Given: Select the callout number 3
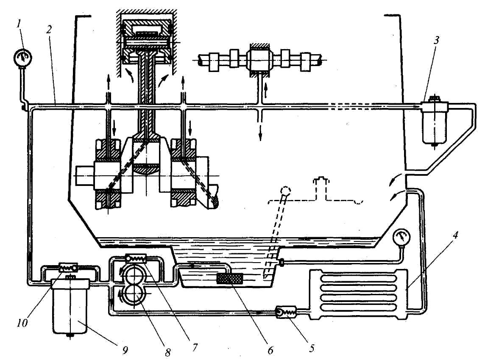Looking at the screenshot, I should click(x=436, y=41).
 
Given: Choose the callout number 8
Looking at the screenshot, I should click(x=167, y=352).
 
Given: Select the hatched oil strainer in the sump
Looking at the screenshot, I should click(x=229, y=278).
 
